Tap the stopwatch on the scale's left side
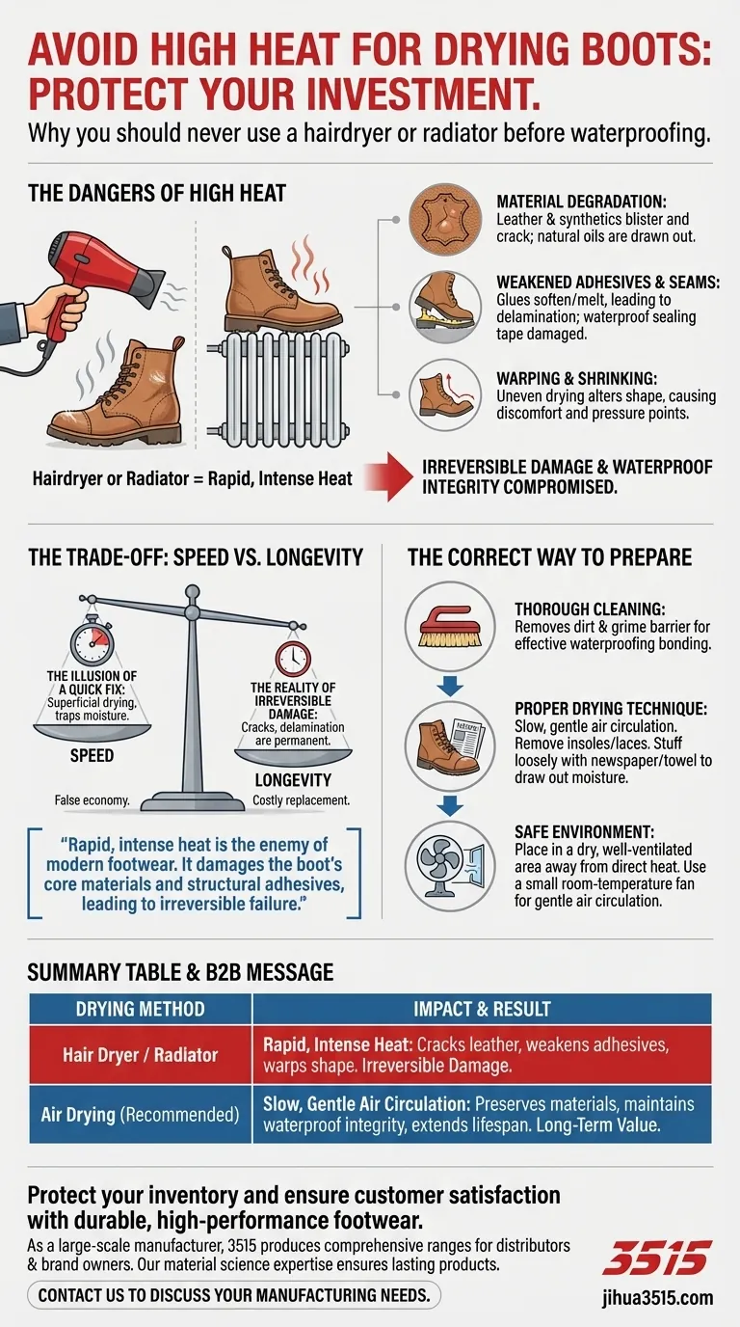(92, 642)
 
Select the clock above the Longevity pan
(292, 659)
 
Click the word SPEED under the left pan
(92, 756)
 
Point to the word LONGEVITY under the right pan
(293, 779)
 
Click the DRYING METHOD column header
(141, 1009)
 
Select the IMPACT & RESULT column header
(482, 1009)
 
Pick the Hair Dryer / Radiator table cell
(141, 1055)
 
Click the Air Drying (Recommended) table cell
(141, 1114)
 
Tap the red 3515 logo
(656, 1259)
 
